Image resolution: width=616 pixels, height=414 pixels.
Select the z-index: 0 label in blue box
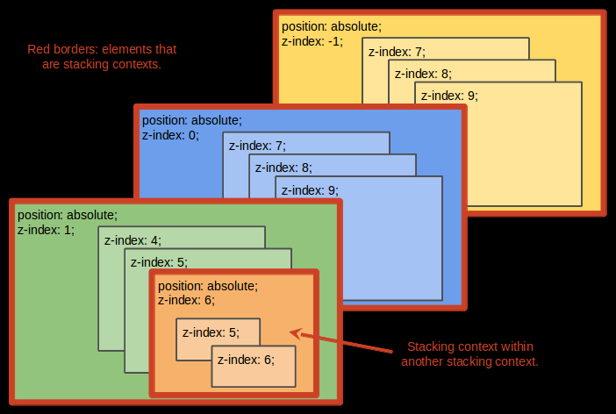click(171, 135)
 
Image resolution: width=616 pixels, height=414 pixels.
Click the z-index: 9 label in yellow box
click(450, 96)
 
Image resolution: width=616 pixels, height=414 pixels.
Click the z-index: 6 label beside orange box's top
click(187, 300)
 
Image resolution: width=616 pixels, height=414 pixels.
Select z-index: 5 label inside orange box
click(211, 332)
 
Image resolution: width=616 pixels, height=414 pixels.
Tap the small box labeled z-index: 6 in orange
click(254, 366)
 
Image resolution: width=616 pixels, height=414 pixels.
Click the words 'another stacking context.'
click(469, 361)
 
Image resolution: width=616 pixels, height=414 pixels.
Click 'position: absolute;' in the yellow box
click(332, 27)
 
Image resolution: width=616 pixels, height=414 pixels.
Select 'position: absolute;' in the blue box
click(192, 120)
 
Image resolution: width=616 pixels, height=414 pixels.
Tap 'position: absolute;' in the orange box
click(208, 286)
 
